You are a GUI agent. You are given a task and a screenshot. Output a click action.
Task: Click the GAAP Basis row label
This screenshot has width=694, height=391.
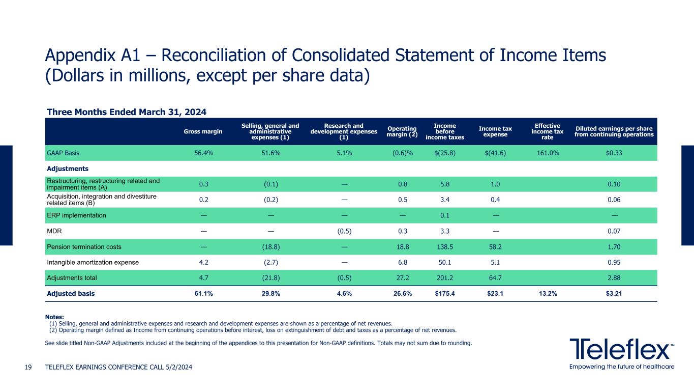point(63,153)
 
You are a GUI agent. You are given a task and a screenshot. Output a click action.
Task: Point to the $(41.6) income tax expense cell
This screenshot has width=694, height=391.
point(496,153)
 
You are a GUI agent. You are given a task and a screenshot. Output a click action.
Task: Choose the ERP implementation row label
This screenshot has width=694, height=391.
point(76,215)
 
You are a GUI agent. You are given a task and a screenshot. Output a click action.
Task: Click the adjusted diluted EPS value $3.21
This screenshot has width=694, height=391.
point(615,294)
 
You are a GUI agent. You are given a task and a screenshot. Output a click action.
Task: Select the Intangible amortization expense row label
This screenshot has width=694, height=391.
point(92,263)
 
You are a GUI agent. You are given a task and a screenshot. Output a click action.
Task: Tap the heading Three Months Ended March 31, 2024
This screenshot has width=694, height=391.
point(127,111)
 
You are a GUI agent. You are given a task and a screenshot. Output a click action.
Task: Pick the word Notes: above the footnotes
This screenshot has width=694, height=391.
point(55,316)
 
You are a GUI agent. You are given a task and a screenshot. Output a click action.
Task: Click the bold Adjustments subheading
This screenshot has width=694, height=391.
point(68,169)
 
